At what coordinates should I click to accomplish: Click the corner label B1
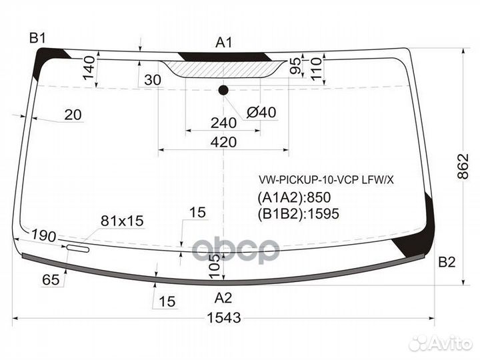point(36,37)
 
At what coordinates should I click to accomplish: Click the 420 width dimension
point(223,142)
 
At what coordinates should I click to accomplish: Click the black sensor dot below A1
point(223,91)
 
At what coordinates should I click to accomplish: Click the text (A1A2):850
point(294,197)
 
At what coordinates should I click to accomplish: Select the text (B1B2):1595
point(298,213)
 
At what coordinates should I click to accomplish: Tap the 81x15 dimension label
point(122,221)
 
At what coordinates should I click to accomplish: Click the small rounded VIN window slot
point(77,249)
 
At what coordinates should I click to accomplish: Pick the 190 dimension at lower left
point(43,236)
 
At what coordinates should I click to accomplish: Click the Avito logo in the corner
point(442,343)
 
